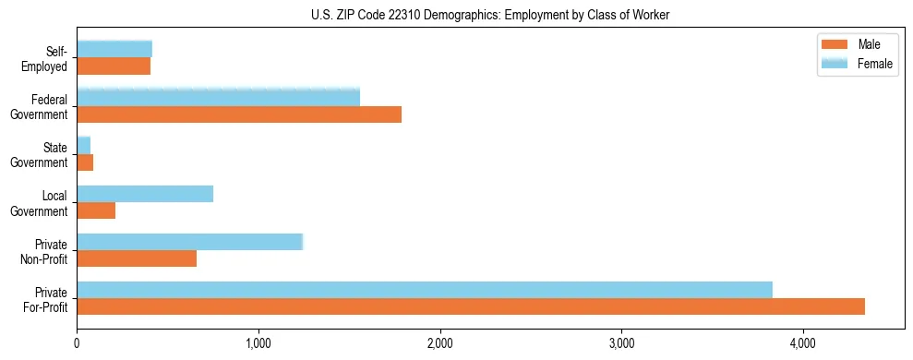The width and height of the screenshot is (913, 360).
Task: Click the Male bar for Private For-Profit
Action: point(471,306)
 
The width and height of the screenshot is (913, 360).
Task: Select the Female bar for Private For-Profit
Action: point(425,290)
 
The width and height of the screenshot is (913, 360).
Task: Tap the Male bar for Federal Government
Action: point(239,114)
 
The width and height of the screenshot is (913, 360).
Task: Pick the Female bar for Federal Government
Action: point(218,98)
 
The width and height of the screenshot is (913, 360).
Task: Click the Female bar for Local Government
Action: point(145,194)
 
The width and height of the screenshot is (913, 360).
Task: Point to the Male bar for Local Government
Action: point(96,210)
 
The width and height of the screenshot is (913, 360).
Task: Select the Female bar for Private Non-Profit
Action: point(189,242)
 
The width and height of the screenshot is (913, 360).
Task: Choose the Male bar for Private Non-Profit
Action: point(137,258)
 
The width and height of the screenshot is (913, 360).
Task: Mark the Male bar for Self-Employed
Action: point(114,66)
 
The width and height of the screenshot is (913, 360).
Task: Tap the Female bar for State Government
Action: point(83,146)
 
